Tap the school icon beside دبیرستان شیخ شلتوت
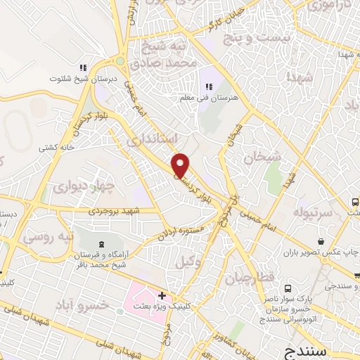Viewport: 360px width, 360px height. click(82, 67)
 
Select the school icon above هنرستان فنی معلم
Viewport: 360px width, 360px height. click(208, 86)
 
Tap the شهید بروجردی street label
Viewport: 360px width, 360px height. click(115, 210)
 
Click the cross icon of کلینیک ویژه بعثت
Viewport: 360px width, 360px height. click(162, 295)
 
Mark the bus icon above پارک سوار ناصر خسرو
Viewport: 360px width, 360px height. click(287, 289)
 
